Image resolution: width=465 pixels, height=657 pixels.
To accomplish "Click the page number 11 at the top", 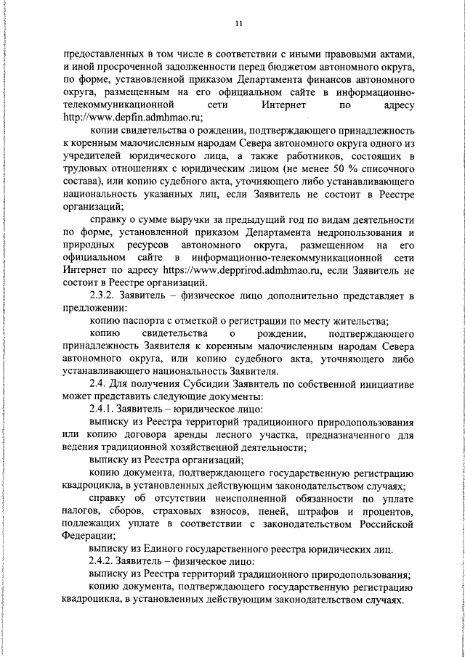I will tap(238, 24).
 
